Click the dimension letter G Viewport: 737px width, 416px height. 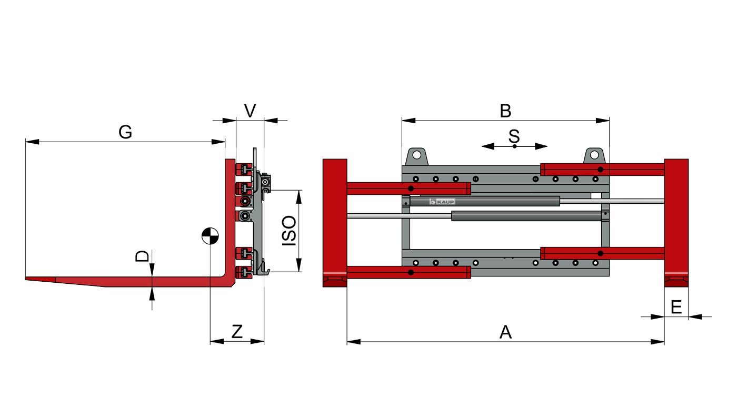pyautogui.click(x=125, y=132)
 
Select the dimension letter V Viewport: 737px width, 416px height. pyautogui.click(x=251, y=111)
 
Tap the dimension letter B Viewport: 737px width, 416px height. pyautogui.click(x=505, y=111)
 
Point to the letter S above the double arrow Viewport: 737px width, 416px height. pyautogui.click(x=514, y=136)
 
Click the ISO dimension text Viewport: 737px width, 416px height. pyautogui.click(x=289, y=231)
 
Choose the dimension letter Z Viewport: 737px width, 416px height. pyautogui.click(x=237, y=332)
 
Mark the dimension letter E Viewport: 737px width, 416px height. pyautogui.click(x=676, y=306)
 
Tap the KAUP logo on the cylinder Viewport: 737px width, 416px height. pyautogui.click(x=442, y=201)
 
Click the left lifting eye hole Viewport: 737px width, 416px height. pyautogui.click(x=416, y=155)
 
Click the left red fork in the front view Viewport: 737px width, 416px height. pyautogui.click(x=334, y=222)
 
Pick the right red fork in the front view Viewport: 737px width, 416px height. pyautogui.click(x=676, y=222)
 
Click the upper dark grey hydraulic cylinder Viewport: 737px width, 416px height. pyautogui.click(x=484, y=201)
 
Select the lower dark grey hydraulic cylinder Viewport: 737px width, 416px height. pyautogui.click(x=526, y=215)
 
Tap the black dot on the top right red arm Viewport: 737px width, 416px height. pyautogui.click(x=601, y=169)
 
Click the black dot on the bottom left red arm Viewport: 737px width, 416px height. pyautogui.click(x=411, y=272)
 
